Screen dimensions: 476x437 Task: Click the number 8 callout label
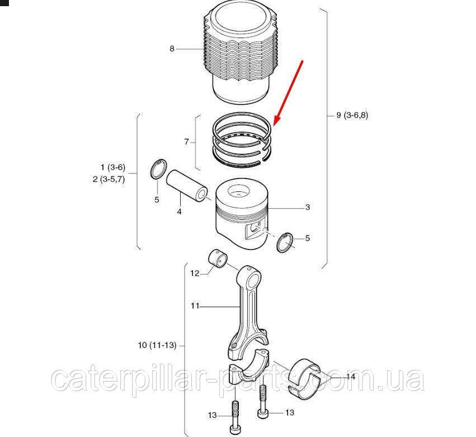click(x=172, y=49)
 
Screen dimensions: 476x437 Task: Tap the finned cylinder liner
click(x=240, y=55)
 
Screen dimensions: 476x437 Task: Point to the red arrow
click(x=288, y=93)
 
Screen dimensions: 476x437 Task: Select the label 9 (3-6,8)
click(x=352, y=115)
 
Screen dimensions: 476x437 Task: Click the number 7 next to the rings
click(x=186, y=142)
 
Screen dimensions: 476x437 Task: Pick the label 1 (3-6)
click(x=113, y=167)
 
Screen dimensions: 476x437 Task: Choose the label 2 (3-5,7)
click(x=109, y=179)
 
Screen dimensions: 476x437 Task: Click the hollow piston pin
click(x=187, y=186)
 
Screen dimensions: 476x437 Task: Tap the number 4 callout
click(x=180, y=212)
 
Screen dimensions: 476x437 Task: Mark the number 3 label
click(x=308, y=207)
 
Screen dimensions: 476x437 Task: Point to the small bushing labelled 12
click(x=218, y=258)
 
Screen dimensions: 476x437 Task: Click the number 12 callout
click(x=195, y=273)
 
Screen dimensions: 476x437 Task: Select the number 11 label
click(x=195, y=306)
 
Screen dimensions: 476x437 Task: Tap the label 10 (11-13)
click(x=157, y=345)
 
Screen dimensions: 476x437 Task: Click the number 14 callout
click(x=351, y=377)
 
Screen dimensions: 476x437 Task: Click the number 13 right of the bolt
click(x=290, y=412)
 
